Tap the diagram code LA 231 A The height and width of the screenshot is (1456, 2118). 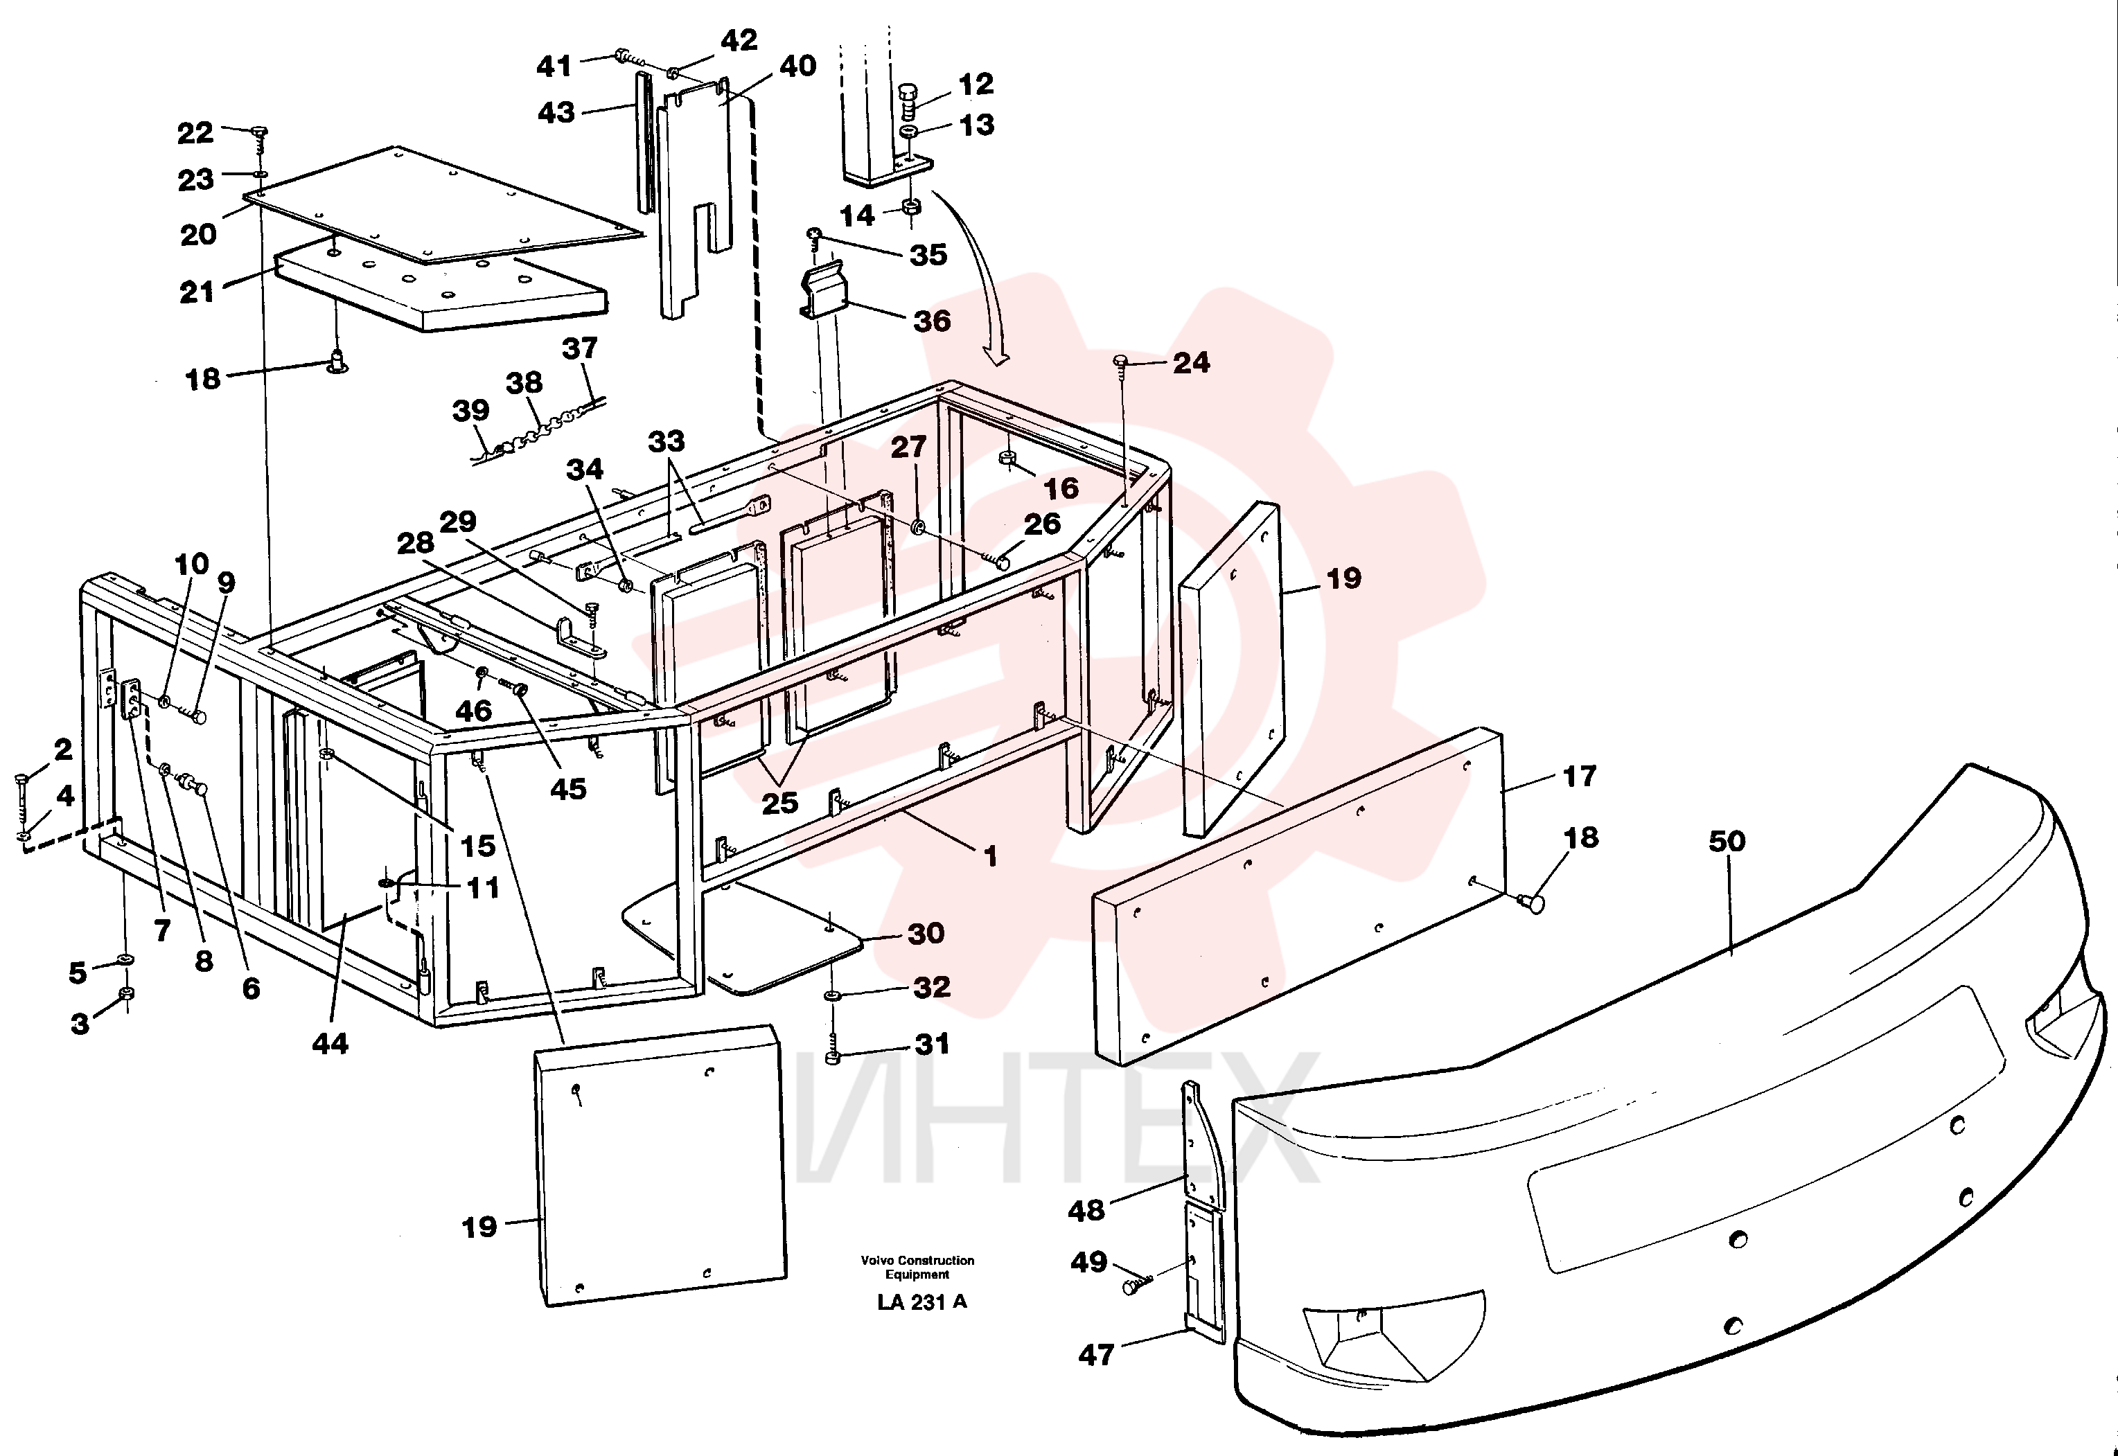coord(921,1302)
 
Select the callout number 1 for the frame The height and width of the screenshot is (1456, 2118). coord(990,857)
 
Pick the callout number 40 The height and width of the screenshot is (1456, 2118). coord(797,66)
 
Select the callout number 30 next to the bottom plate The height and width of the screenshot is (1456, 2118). coord(926,933)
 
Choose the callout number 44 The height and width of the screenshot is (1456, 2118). coord(330,1044)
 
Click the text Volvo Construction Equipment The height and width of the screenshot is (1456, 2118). coord(917,1267)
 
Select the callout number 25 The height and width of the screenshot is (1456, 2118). coord(779,803)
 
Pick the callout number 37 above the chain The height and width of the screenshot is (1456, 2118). coord(579,348)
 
